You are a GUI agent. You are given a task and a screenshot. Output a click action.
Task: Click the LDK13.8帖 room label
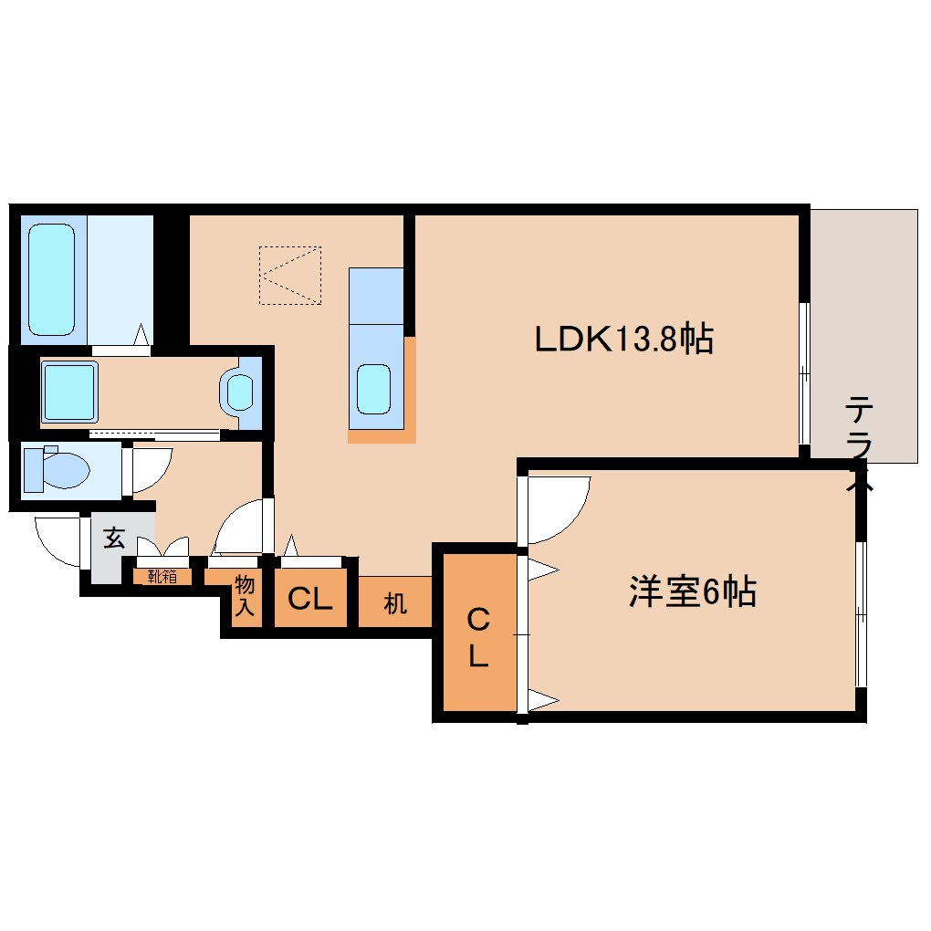pyautogui.click(x=623, y=340)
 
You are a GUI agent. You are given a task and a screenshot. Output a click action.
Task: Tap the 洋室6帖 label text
pyautogui.click(x=691, y=592)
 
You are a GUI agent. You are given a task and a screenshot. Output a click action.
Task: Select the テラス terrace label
pyautogui.click(x=859, y=445)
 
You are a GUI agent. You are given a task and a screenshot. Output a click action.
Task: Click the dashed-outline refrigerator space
pyautogui.click(x=289, y=274)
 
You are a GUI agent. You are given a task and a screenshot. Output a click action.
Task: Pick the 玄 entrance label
pyautogui.click(x=113, y=539)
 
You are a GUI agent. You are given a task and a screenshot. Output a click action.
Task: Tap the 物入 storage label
pyautogui.click(x=244, y=595)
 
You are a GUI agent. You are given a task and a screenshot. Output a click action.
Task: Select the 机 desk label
pyautogui.click(x=394, y=603)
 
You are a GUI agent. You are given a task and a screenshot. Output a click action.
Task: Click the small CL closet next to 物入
pyautogui.click(x=309, y=600)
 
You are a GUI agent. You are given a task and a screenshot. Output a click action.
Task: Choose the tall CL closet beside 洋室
pyautogui.click(x=478, y=638)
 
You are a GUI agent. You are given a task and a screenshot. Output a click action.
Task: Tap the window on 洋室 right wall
pyautogui.click(x=860, y=615)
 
